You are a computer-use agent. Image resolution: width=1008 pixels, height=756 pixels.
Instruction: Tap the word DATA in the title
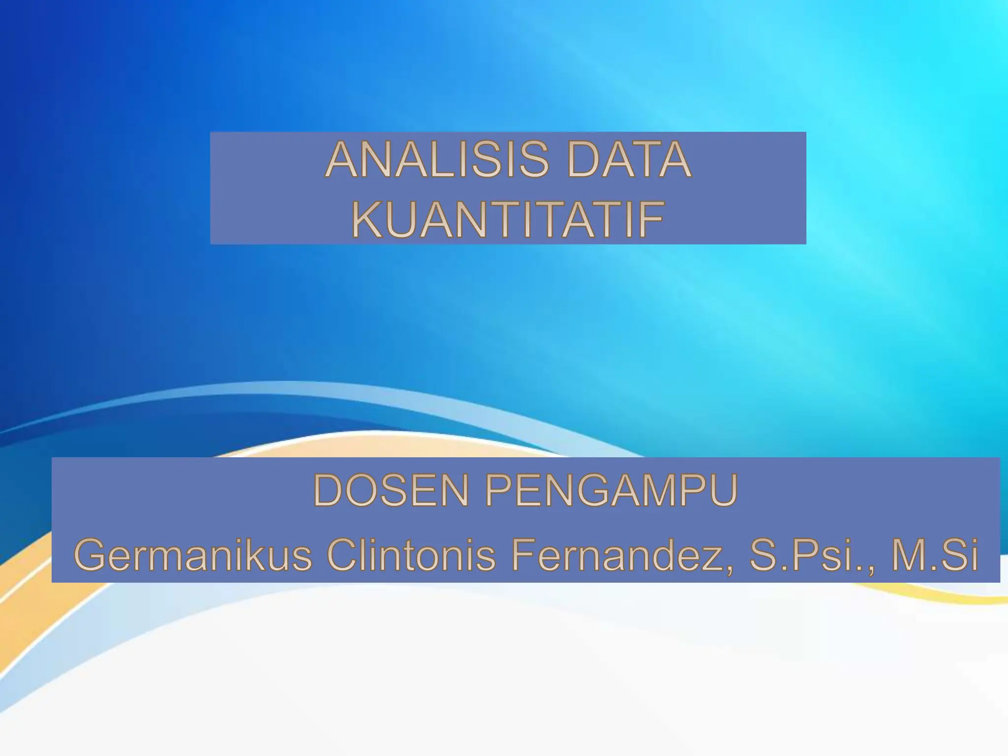point(629,160)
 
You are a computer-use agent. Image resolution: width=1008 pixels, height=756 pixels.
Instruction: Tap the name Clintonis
point(411,555)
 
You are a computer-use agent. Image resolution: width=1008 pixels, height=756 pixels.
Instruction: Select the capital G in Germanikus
point(90,555)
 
